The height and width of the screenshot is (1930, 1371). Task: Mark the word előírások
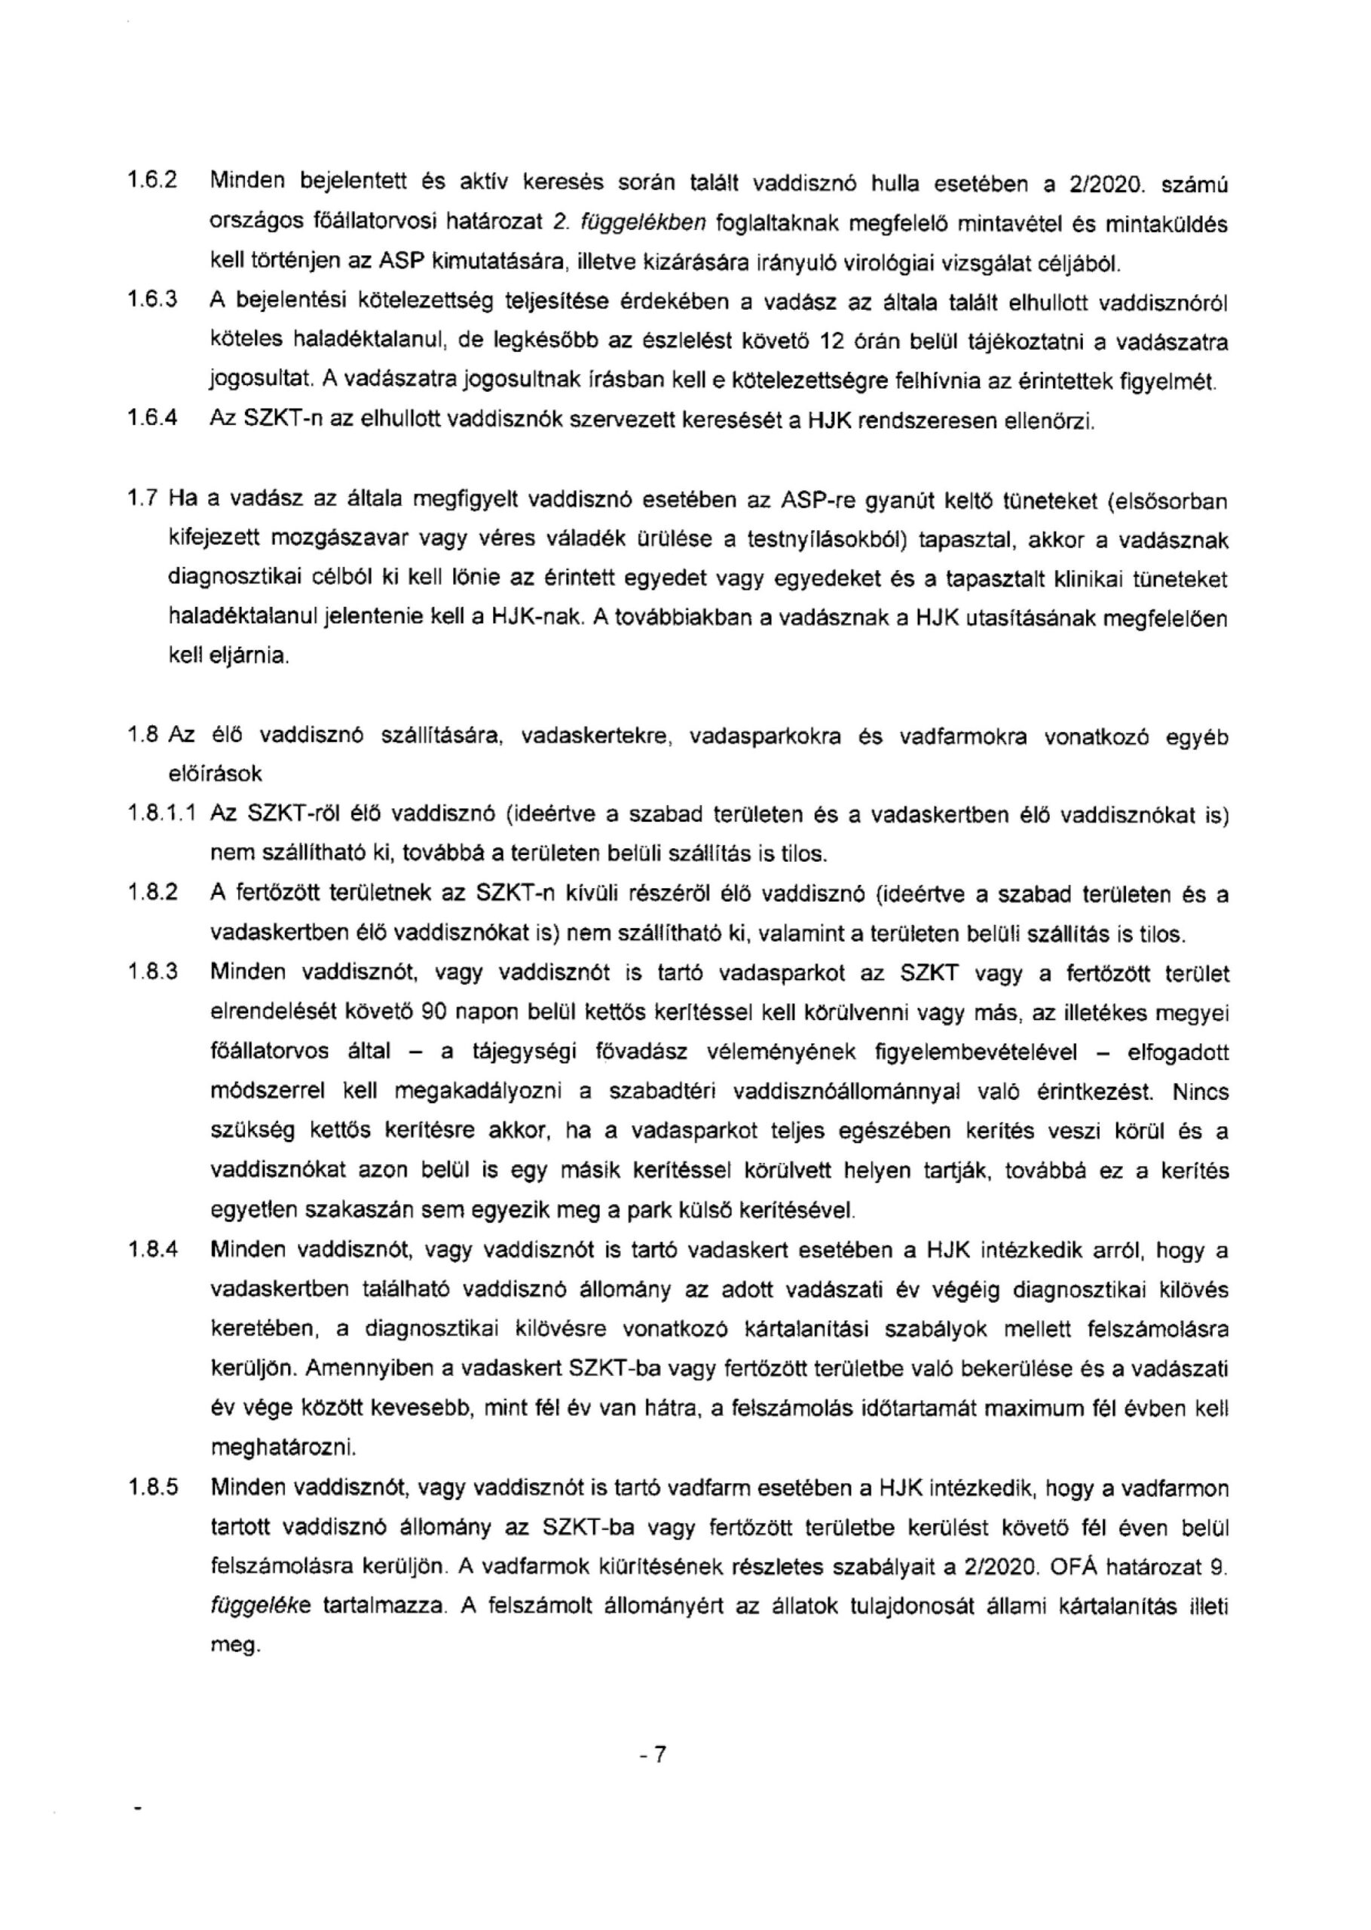[216, 774]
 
